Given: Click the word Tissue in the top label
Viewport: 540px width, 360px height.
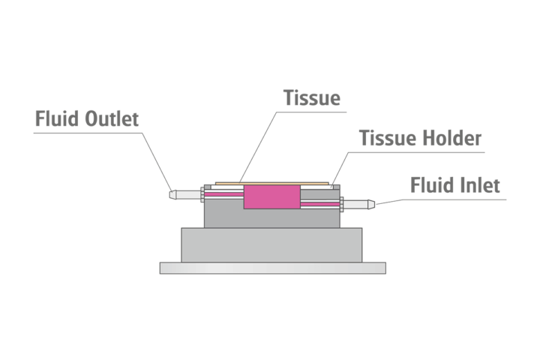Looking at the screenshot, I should (312, 98).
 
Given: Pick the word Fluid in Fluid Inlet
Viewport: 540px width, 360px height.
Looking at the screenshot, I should (431, 184).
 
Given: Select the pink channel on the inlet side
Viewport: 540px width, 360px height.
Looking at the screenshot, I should (320, 202).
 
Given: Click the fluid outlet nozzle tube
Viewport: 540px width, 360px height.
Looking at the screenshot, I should (182, 193).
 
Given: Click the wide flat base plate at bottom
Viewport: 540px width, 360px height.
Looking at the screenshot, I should (272, 268).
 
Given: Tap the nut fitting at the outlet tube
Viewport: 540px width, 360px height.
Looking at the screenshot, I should (202, 193).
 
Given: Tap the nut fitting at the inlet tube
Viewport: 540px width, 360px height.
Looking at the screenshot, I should (341, 202).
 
